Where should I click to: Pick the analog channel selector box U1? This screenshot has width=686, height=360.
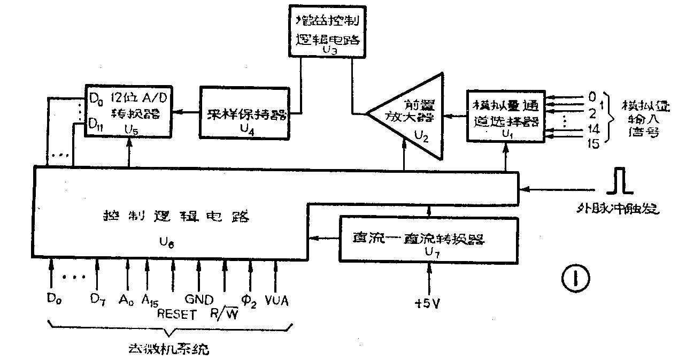click(505, 115)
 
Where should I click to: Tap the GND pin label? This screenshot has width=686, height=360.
click(199, 299)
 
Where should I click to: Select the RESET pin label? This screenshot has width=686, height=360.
click(177, 314)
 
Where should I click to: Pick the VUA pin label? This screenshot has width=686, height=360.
click(276, 300)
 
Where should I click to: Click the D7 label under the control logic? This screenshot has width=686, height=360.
click(97, 299)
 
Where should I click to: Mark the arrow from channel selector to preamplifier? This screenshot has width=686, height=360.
click(455, 115)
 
